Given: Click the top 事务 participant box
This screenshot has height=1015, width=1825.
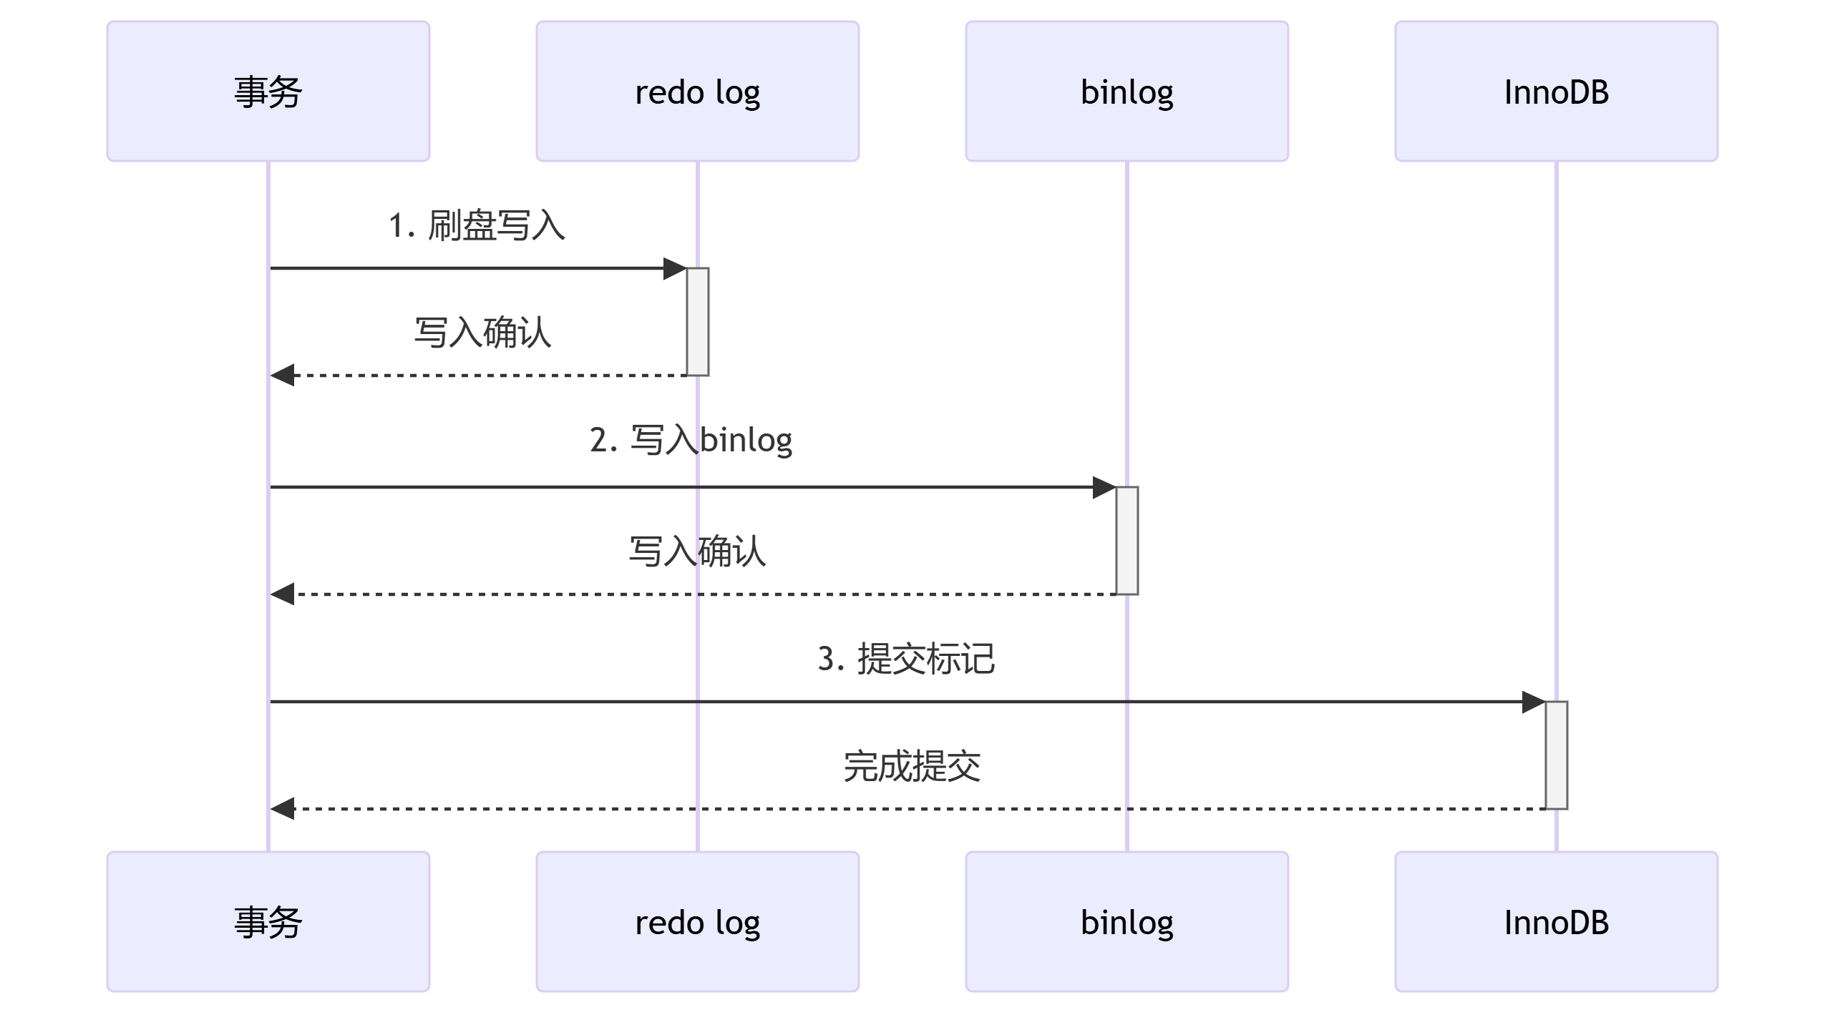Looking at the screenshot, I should (x=268, y=92).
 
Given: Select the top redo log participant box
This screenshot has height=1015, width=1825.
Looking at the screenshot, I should (x=697, y=92).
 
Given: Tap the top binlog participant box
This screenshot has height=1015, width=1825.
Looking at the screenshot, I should (x=1126, y=92).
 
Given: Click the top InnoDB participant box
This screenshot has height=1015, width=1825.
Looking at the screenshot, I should (x=1556, y=92).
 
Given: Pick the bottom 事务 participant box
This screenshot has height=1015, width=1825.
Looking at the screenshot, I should (x=268, y=921).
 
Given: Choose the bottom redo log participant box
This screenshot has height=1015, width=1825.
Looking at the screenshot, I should (x=697, y=921).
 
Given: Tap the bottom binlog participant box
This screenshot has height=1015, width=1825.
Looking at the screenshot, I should (x=1126, y=921).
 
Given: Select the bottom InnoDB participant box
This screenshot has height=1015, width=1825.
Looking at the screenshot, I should (x=1556, y=921).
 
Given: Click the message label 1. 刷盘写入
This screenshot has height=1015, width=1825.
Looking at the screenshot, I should (x=477, y=226).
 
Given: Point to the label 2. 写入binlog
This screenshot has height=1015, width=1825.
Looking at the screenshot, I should (x=691, y=440).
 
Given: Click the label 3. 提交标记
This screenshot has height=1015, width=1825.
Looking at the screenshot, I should (x=906, y=659).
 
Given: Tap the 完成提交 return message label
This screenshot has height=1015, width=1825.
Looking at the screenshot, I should (x=912, y=766).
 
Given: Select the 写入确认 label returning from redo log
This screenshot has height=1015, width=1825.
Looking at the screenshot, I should (x=482, y=333).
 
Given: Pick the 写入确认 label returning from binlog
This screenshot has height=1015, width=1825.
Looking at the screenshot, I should (x=697, y=551).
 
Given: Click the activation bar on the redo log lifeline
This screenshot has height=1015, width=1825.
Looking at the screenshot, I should (x=698, y=322).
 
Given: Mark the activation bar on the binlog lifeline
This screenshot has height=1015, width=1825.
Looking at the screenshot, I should (x=1127, y=541).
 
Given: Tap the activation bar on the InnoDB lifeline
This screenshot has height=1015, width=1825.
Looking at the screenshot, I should (x=1557, y=755).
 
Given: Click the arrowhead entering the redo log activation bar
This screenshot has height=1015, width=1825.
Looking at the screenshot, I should (x=675, y=269).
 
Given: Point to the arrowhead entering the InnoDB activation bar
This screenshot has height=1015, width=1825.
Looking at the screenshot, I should (x=1533, y=702).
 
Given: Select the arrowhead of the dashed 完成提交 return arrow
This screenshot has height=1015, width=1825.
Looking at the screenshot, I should (x=283, y=809).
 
